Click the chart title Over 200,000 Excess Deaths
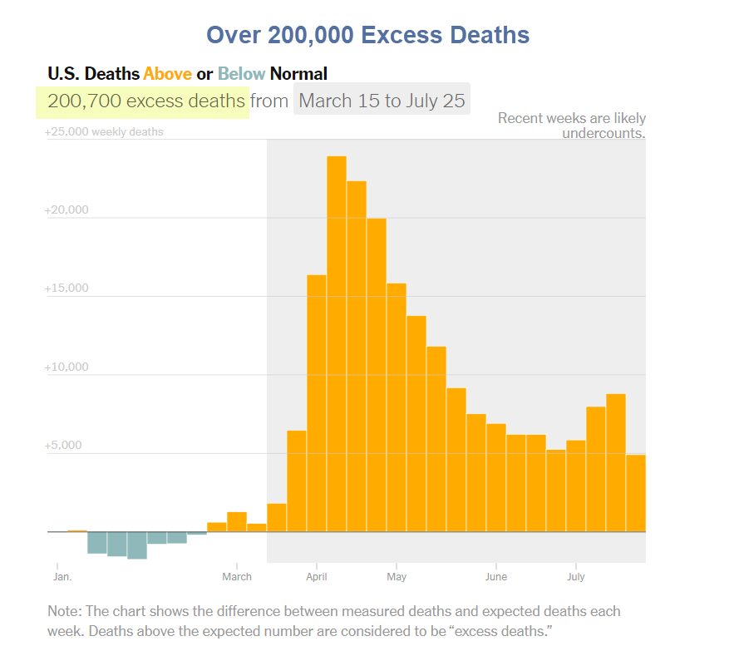(x=367, y=35)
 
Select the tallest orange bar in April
(x=337, y=343)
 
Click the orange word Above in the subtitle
(x=167, y=74)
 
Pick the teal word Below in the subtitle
(x=241, y=74)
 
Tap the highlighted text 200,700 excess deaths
(x=146, y=101)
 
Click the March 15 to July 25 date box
(x=382, y=101)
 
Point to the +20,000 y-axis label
(x=67, y=210)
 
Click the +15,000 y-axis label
(x=67, y=289)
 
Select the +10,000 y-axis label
(x=67, y=367)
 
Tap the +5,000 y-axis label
(x=63, y=446)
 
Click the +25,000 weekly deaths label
(x=104, y=132)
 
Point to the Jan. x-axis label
(x=62, y=576)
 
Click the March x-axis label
(x=237, y=576)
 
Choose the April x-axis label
(x=316, y=576)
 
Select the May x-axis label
(x=397, y=576)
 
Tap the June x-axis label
(x=496, y=576)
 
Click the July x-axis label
(x=576, y=576)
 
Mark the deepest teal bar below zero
(x=137, y=545)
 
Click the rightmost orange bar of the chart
(x=636, y=493)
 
